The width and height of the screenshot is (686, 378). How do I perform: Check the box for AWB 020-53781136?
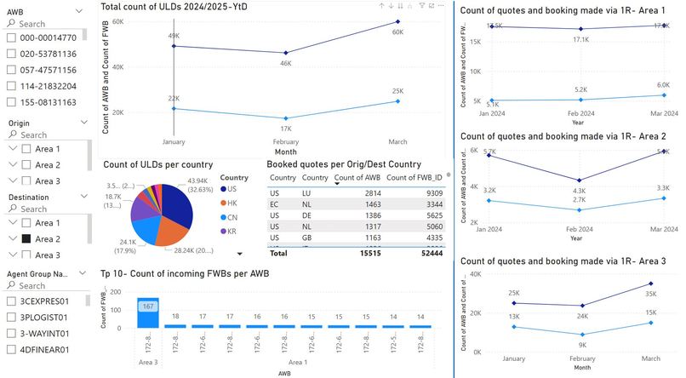12,54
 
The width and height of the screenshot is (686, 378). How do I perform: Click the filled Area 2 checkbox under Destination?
28,239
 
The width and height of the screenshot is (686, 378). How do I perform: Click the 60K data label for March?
397,32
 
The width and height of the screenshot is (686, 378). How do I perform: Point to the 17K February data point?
286,118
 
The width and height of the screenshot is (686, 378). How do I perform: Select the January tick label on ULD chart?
174,142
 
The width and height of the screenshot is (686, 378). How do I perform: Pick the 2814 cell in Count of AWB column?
362,193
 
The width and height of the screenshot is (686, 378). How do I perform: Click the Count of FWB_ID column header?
414,177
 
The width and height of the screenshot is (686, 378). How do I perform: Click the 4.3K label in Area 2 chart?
579,190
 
